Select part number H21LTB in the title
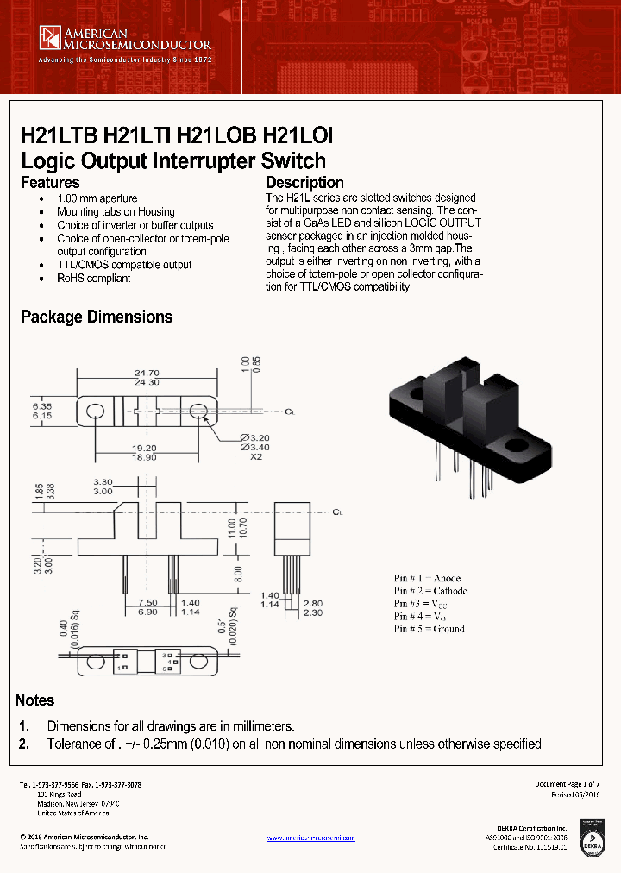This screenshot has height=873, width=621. point(59,136)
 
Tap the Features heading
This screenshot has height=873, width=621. point(50,183)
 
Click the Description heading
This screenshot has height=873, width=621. point(304,183)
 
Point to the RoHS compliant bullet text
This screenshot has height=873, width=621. point(94,279)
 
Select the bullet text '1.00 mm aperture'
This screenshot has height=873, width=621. point(97,198)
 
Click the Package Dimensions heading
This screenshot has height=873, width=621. point(97,317)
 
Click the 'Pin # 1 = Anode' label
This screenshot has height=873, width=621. point(427,578)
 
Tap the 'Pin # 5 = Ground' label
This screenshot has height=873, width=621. point(429,629)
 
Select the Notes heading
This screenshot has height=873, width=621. point(34,700)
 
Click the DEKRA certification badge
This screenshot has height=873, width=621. point(593,842)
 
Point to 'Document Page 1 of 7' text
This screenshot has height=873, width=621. point(567,784)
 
